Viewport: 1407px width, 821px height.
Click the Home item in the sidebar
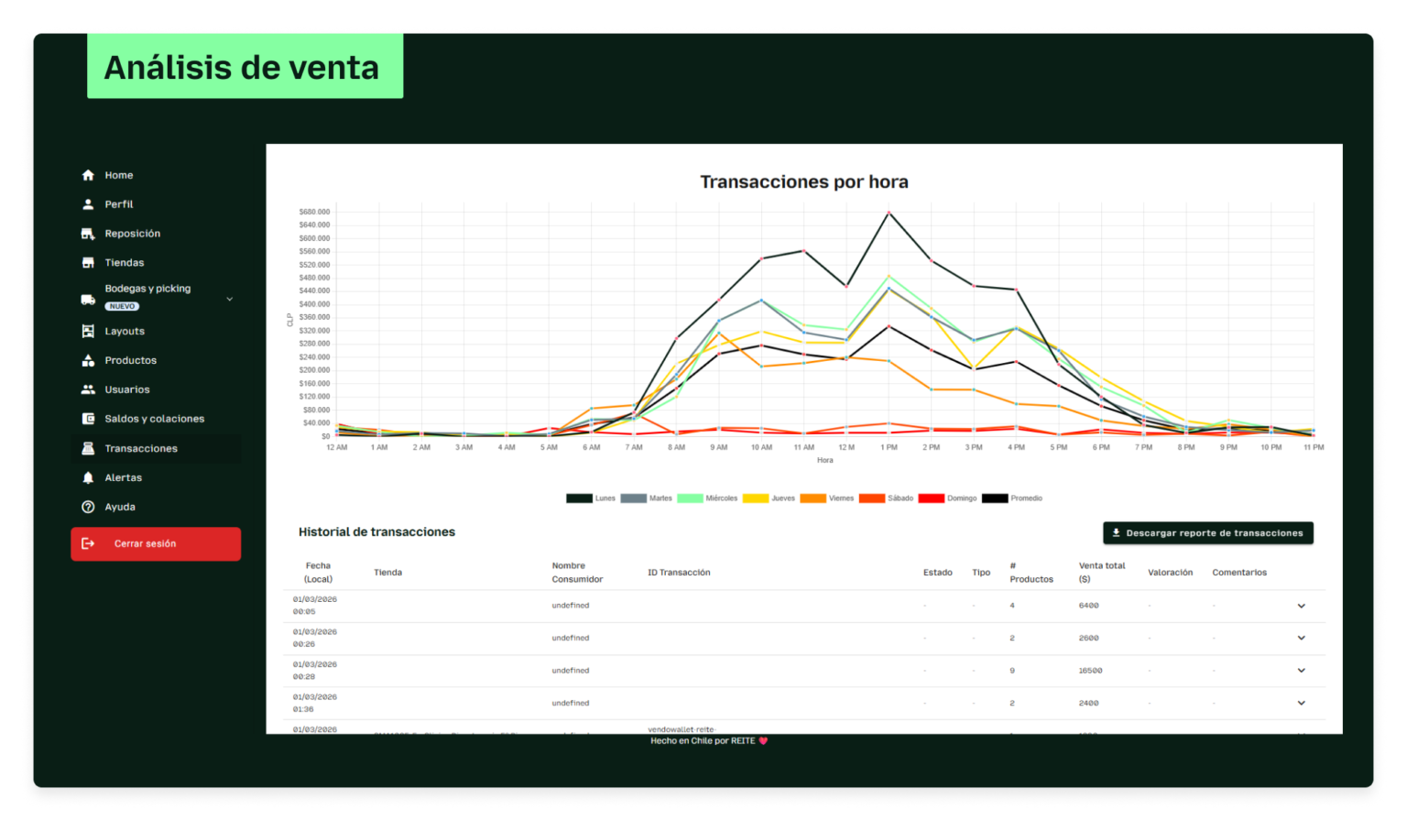(x=118, y=175)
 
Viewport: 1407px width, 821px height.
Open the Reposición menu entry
(x=132, y=234)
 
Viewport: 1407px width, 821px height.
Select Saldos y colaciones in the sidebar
(x=154, y=419)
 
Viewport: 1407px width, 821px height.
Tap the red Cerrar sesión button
(x=156, y=543)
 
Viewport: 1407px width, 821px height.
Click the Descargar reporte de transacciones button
(x=1207, y=533)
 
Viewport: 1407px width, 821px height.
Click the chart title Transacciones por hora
(x=803, y=181)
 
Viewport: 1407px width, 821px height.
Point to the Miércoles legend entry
(x=707, y=498)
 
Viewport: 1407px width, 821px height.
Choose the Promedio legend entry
(x=1012, y=498)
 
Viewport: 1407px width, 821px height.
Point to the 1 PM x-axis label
(x=889, y=447)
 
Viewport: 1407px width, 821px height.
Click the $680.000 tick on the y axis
(x=314, y=212)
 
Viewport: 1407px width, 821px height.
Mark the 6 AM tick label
(x=591, y=447)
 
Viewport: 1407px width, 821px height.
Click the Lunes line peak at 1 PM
(x=889, y=213)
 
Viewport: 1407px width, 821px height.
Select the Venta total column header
(x=1101, y=572)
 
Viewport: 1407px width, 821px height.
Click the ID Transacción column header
(x=679, y=573)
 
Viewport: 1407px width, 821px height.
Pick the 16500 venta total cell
(x=1090, y=671)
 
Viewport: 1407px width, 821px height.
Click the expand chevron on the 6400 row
(x=1301, y=606)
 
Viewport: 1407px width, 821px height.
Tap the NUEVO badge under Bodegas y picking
(x=122, y=306)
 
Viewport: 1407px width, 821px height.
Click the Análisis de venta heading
(x=242, y=67)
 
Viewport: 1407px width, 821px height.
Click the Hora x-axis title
(x=824, y=460)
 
